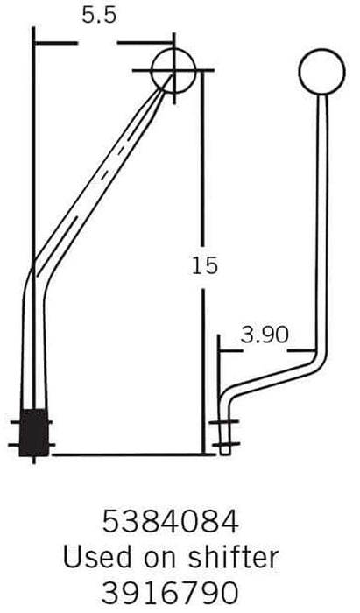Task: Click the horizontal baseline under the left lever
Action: coord(123,454)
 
